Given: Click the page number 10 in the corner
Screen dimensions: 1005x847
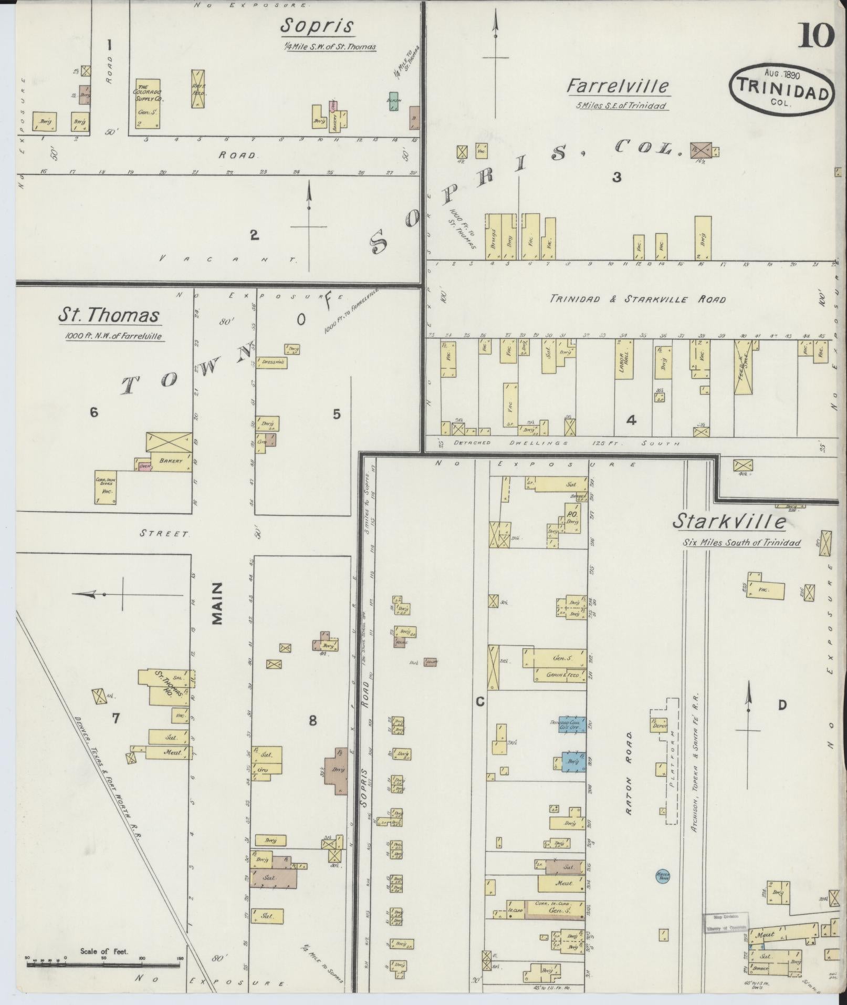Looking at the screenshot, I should tap(817, 36).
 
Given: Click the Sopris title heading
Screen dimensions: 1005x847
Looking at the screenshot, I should tap(317, 25).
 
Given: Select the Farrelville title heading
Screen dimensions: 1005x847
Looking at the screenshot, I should tap(617, 86).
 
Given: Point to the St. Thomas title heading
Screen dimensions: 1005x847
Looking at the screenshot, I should tap(108, 315).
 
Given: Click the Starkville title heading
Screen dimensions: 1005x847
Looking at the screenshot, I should tap(730, 522).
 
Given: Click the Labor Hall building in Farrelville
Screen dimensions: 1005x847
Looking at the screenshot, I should tap(624, 359).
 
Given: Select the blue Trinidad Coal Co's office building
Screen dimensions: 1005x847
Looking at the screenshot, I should tap(572, 724).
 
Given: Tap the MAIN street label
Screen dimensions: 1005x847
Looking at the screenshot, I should tap(218, 603).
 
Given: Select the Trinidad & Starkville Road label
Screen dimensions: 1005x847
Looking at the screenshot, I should tap(637, 299).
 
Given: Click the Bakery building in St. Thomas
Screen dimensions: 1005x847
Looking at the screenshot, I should tap(171, 461).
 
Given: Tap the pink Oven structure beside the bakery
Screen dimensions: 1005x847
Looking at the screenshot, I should tap(144, 465).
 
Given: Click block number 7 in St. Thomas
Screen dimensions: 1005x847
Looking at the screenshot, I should tap(116, 717).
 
